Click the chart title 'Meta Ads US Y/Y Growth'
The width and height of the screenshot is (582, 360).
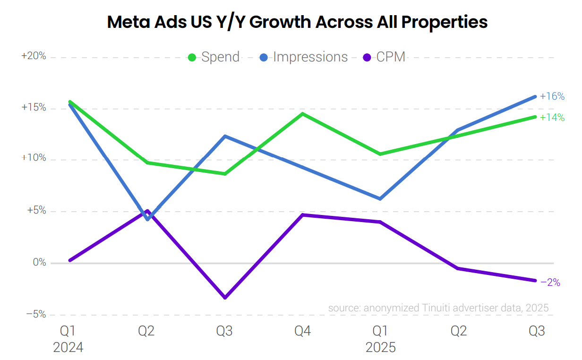point(297,22)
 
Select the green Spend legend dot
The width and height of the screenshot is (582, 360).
point(192,58)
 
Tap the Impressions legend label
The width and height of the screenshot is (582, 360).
point(310,57)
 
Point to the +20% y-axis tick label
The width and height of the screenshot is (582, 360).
point(34,56)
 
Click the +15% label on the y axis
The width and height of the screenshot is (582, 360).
point(34,108)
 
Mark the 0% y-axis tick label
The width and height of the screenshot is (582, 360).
point(39,263)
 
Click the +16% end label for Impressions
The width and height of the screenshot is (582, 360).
point(552,96)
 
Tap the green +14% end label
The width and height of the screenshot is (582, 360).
point(552,117)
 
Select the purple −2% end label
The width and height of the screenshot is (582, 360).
point(550,283)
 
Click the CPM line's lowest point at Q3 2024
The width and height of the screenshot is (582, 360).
point(225,298)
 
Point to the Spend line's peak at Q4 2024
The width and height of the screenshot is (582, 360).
point(302,113)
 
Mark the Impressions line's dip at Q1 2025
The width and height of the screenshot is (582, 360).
point(380,199)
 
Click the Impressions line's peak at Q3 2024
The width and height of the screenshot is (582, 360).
point(225,136)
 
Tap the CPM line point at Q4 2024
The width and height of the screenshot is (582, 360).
point(302,215)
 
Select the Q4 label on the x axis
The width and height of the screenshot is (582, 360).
point(302,331)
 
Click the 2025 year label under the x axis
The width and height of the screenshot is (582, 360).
point(380,348)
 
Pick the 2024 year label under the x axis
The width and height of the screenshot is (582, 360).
point(68,348)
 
